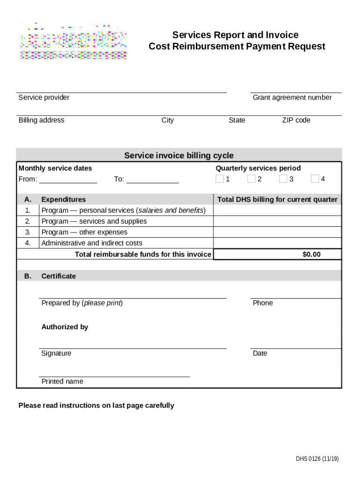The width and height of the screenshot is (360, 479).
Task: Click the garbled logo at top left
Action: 73,41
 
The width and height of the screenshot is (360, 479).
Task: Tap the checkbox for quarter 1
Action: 219,179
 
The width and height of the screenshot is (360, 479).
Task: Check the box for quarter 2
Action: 251,179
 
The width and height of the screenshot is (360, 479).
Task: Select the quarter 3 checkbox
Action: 283,179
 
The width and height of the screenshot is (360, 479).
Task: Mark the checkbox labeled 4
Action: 315,179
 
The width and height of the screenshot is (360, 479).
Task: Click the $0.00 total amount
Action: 311,254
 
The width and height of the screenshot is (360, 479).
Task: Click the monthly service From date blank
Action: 68,180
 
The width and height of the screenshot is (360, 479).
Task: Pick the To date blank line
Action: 152,180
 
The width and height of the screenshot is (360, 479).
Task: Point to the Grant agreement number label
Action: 292,97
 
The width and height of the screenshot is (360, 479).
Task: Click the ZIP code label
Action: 296,120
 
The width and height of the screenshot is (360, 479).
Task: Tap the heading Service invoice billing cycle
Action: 179,156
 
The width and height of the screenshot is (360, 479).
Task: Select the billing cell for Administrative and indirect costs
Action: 277,243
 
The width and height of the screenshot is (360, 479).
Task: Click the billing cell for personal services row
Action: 277,210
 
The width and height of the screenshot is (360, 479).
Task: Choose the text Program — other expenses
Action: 84,232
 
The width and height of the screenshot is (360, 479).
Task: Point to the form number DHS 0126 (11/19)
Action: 317,459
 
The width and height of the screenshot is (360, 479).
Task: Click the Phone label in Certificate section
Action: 263,303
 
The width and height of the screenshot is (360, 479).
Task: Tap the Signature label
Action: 57,354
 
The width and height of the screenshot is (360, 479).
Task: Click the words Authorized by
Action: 65,327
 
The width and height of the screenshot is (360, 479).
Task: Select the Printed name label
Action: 62,382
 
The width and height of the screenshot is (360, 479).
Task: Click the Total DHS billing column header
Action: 277,200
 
